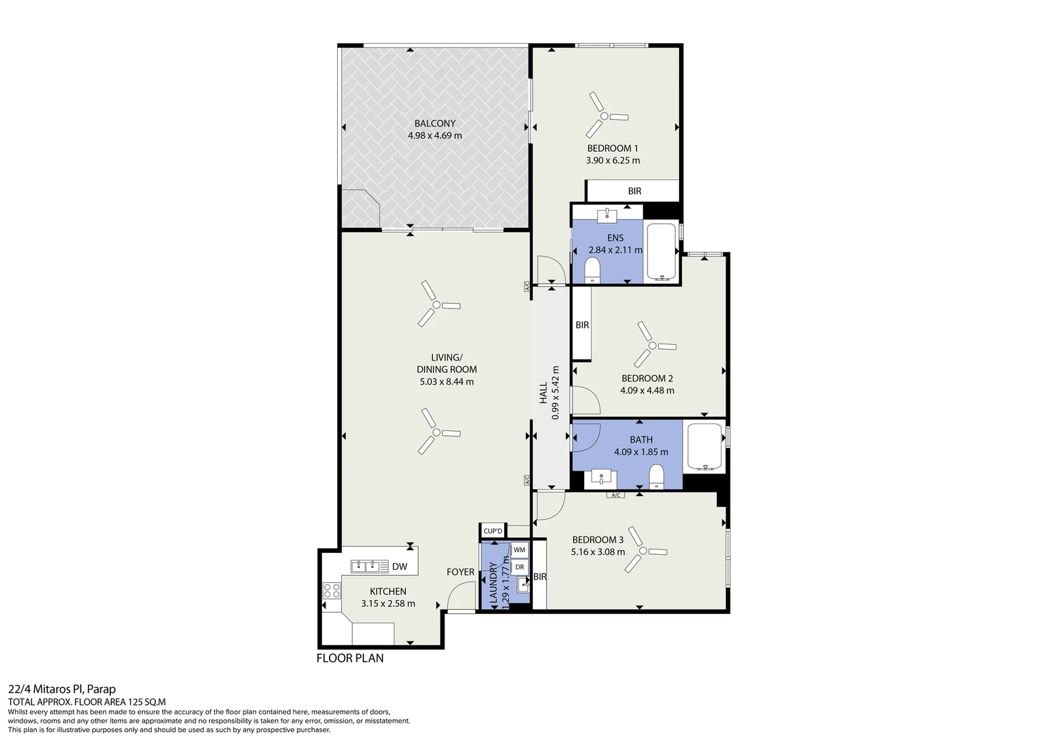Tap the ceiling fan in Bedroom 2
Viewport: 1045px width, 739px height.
pyautogui.click(x=652, y=346)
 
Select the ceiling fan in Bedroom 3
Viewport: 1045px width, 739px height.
pyautogui.click(x=643, y=551)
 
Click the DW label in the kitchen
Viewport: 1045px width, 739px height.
pyautogui.click(x=400, y=567)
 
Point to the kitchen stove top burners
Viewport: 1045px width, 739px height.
pyautogui.click(x=332, y=591)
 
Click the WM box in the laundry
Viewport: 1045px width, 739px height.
pyautogui.click(x=519, y=550)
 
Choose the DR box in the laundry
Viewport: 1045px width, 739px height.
pyautogui.click(x=519, y=567)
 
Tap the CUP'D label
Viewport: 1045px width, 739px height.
pyautogui.click(x=492, y=531)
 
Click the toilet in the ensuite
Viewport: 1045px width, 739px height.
pyautogui.click(x=592, y=271)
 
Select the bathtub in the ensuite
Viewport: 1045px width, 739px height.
pyautogui.click(x=661, y=252)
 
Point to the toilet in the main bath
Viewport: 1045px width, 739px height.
pyautogui.click(x=657, y=476)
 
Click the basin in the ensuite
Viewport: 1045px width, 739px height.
pyautogui.click(x=607, y=216)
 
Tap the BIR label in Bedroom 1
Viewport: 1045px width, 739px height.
pyautogui.click(x=635, y=191)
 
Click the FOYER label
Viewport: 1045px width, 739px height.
pyautogui.click(x=460, y=572)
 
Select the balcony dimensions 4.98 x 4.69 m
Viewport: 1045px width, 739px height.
pyautogui.click(x=435, y=135)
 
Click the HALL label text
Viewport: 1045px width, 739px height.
pyautogui.click(x=543, y=393)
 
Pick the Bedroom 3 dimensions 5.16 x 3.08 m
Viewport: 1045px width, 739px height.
pyautogui.click(x=598, y=552)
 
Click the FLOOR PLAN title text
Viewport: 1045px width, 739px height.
pyautogui.click(x=350, y=658)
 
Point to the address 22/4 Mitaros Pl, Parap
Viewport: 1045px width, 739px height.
pyautogui.click(x=62, y=689)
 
